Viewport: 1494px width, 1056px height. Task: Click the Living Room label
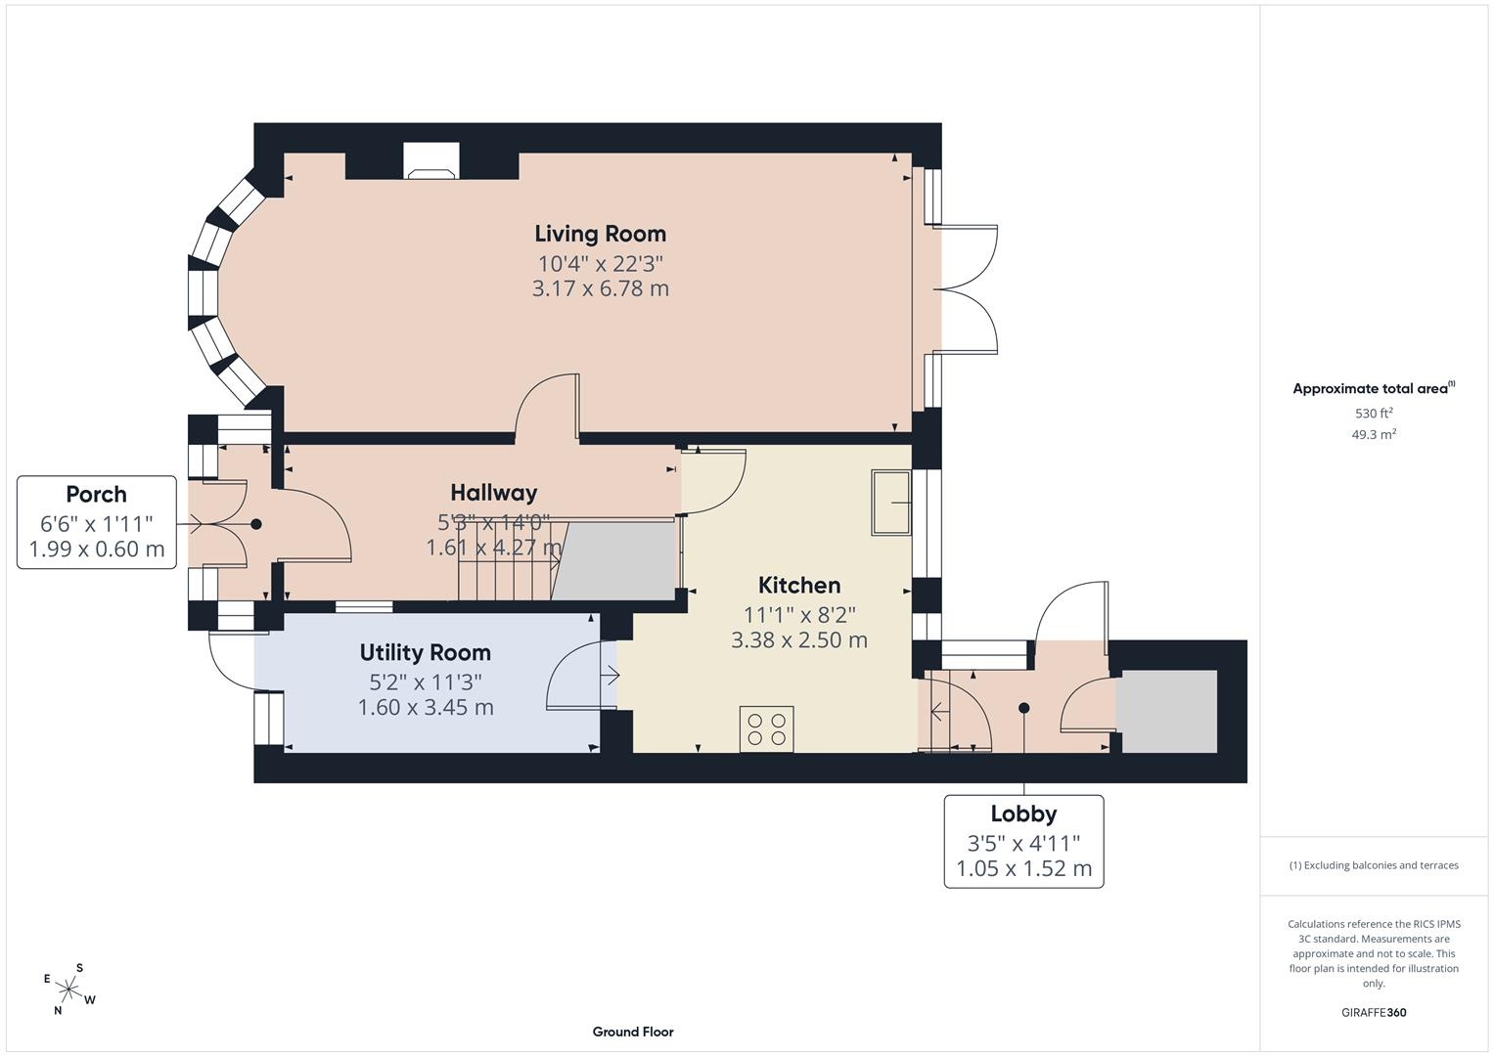601,234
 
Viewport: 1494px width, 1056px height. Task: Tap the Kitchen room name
799,586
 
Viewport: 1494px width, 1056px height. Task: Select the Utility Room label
426,653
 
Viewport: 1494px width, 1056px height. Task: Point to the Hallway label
493,493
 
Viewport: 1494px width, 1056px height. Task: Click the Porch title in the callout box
96,495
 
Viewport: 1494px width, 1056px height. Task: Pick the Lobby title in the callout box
1023,814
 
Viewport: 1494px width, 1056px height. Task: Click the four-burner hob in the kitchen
766,729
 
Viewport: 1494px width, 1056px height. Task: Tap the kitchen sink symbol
891,503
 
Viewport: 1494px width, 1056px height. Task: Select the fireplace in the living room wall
431,161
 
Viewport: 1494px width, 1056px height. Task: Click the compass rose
68,990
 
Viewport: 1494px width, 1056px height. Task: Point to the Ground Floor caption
633,1032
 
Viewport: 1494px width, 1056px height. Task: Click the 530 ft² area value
1374,413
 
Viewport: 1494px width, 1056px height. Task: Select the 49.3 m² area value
1374,434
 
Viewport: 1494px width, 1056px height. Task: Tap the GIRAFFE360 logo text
1374,1012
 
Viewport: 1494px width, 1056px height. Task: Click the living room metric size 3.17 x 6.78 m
601,288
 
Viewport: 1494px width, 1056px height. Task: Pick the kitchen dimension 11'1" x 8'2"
799,615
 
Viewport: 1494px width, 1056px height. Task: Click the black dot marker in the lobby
1023,707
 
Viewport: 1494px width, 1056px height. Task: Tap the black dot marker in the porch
256,524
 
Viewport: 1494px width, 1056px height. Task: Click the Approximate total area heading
1374,389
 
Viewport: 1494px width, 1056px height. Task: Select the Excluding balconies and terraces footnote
1374,865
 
